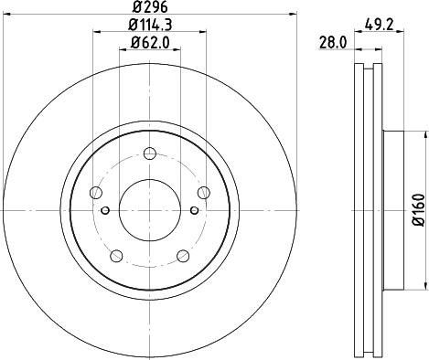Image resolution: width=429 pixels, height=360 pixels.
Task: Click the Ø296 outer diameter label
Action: [149, 8]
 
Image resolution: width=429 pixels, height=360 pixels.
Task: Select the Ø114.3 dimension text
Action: [149, 25]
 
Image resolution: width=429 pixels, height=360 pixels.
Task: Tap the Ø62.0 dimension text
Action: [149, 42]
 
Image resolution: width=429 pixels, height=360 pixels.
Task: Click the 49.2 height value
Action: [383, 25]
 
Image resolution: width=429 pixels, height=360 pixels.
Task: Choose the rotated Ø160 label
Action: [418, 209]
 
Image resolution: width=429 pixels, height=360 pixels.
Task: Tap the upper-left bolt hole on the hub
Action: [96, 192]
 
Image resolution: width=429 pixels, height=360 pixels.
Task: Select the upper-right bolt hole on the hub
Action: [203, 192]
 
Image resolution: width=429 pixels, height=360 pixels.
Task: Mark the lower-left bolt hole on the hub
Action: [116, 254]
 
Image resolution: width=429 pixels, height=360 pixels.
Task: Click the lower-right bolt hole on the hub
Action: [182, 254]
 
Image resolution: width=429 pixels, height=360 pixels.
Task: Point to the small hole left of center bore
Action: [106, 212]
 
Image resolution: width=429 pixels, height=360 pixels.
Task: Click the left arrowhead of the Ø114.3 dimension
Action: [95, 32]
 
